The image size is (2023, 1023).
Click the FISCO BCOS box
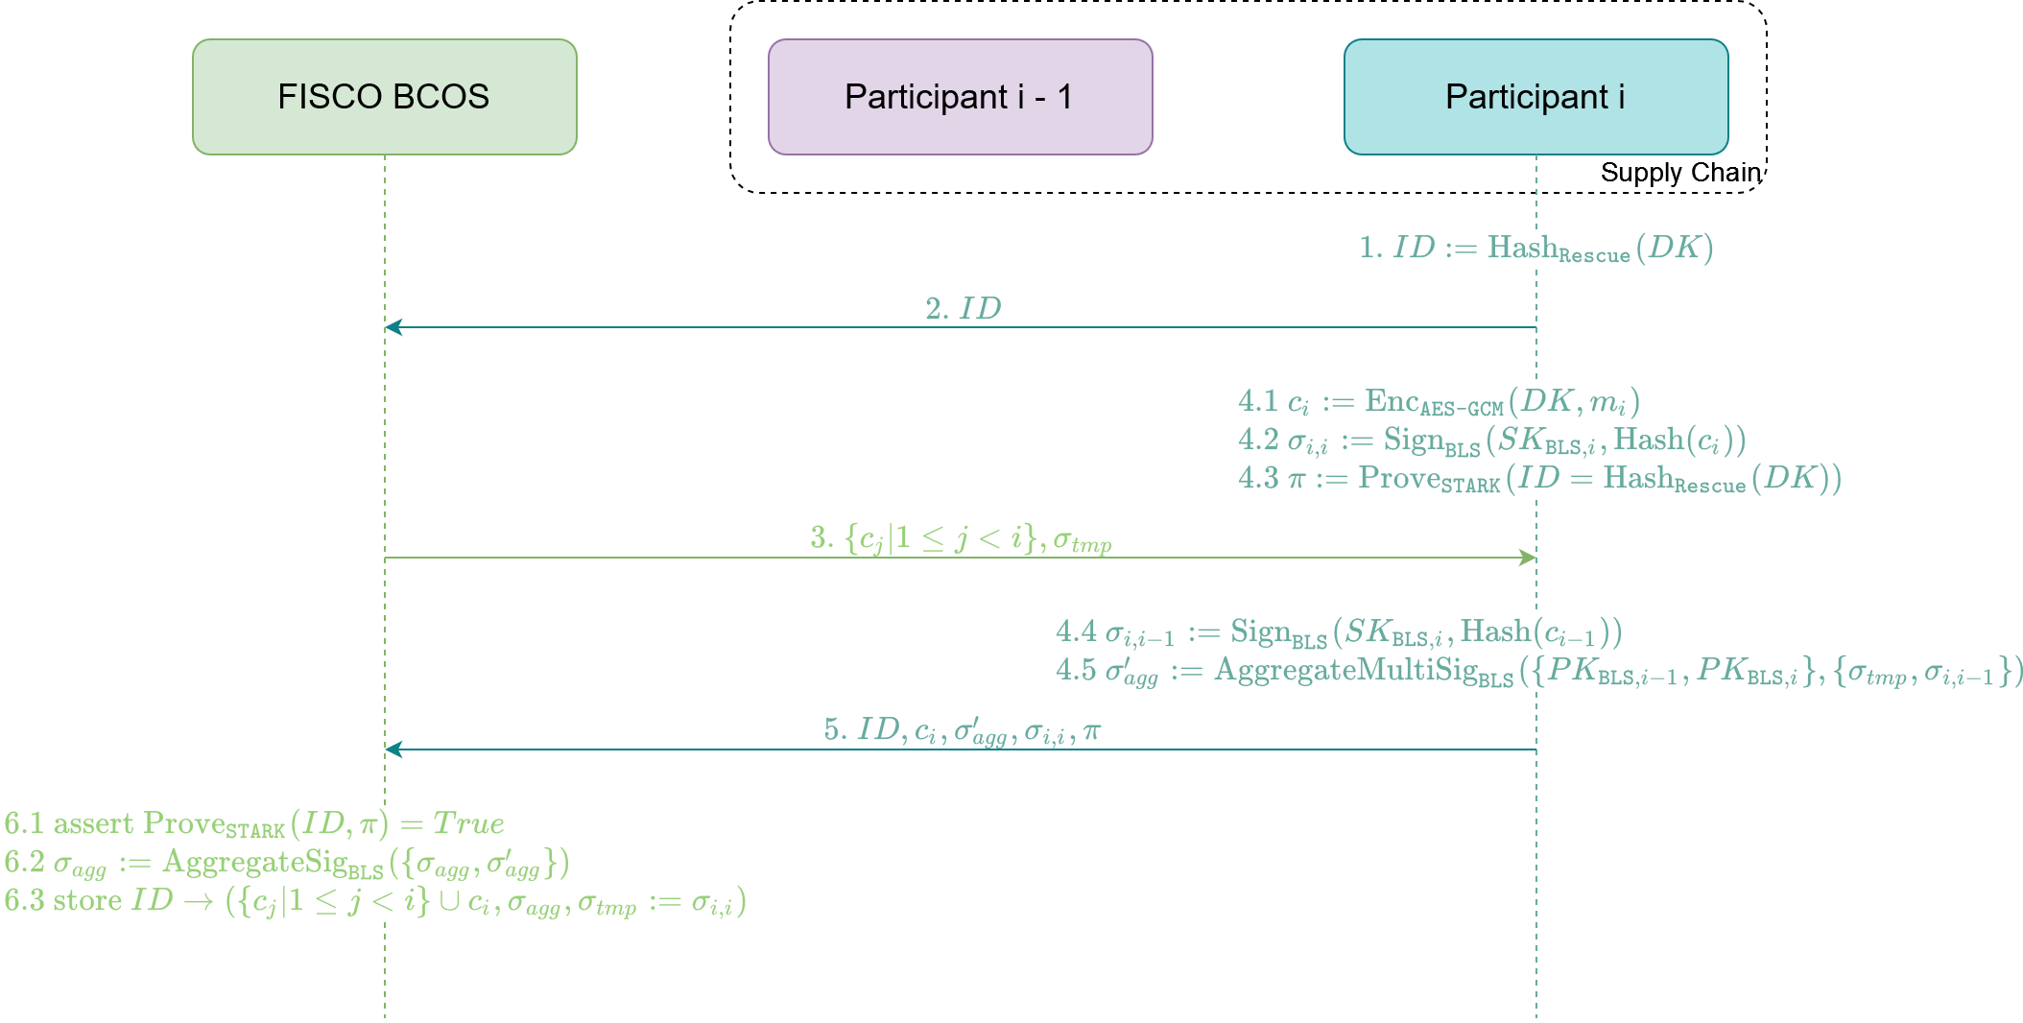tap(384, 97)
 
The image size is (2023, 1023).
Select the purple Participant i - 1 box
tap(960, 97)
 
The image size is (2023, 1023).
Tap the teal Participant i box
tap(1535, 97)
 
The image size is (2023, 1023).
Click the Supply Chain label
tap(1680, 173)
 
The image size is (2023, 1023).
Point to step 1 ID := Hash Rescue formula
tap(1535, 249)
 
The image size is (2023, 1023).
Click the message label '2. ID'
tap(963, 309)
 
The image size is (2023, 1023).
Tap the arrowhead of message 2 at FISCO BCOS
tap(393, 327)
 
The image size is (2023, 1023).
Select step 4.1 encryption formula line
tap(1439, 402)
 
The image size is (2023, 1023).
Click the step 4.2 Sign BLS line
tap(1491, 440)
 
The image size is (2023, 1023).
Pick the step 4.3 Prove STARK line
tap(1539, 479)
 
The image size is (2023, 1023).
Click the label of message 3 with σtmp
tap(961, 539)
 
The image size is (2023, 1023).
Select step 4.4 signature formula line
tap(1339, 632)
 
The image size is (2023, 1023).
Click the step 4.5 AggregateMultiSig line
tap(1539, 671)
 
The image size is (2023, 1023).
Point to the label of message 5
tap(962, 731)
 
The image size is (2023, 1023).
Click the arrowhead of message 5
tap(393, 749)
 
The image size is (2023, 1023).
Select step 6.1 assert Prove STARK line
tap(254, 824)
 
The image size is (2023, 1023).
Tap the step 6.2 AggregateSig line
tap(287, 863)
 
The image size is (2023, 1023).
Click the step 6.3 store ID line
tap(375, 902)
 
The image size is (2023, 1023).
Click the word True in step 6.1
tap(468, 823)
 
